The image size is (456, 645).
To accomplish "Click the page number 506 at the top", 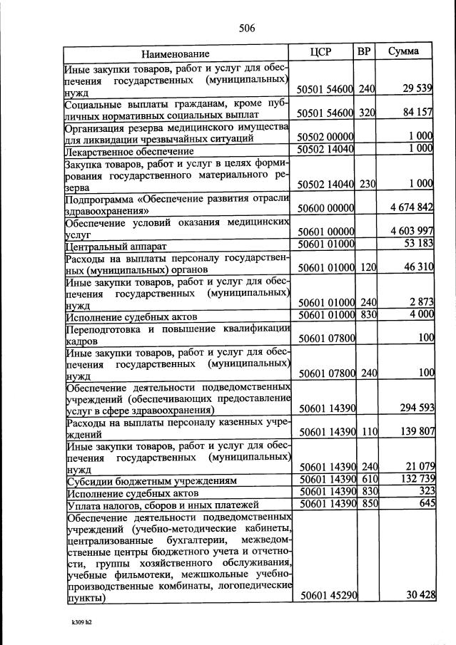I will [x=247, y=29].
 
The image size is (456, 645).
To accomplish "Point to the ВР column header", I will [x=364, y=52].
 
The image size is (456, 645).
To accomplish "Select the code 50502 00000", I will [x=325, y=136].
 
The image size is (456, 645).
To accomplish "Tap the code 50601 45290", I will [x=325, y=596].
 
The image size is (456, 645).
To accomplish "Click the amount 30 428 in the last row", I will [x=420, y=596].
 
